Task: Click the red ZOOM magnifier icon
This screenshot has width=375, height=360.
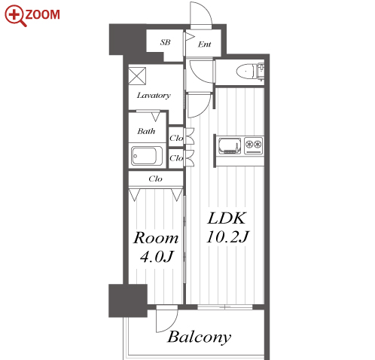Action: click(x=15, y=15)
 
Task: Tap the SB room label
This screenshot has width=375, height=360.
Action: click(x=165, y=42)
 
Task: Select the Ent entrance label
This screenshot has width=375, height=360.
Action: click(x=204, y=44)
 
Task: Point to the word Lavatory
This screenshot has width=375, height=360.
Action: click(x=154, y=96)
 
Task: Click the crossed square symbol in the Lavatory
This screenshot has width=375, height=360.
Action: click(x=137, y=76)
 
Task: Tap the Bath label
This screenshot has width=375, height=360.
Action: click(x=146, y=131)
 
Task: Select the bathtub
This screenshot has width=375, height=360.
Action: click(x=147, y=156)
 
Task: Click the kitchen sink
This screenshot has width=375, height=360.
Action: click(x=230, y=145)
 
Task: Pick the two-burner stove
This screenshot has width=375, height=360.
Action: click(x=253, y=145)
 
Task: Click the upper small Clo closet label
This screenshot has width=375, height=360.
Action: click(x=176, y=138)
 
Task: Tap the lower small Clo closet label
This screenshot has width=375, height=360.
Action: click(x=176, y=158)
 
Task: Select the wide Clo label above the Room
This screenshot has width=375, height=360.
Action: click(x=155, y=178)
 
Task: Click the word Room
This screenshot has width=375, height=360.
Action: click(x=156, y=238)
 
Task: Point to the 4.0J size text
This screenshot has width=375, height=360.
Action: click(x=157, y=257)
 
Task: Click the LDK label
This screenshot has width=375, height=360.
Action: click(x=227, y=218)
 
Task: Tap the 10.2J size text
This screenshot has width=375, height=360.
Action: click(x=227, y=237)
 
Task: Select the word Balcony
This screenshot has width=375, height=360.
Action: click(x=199, y=337)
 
